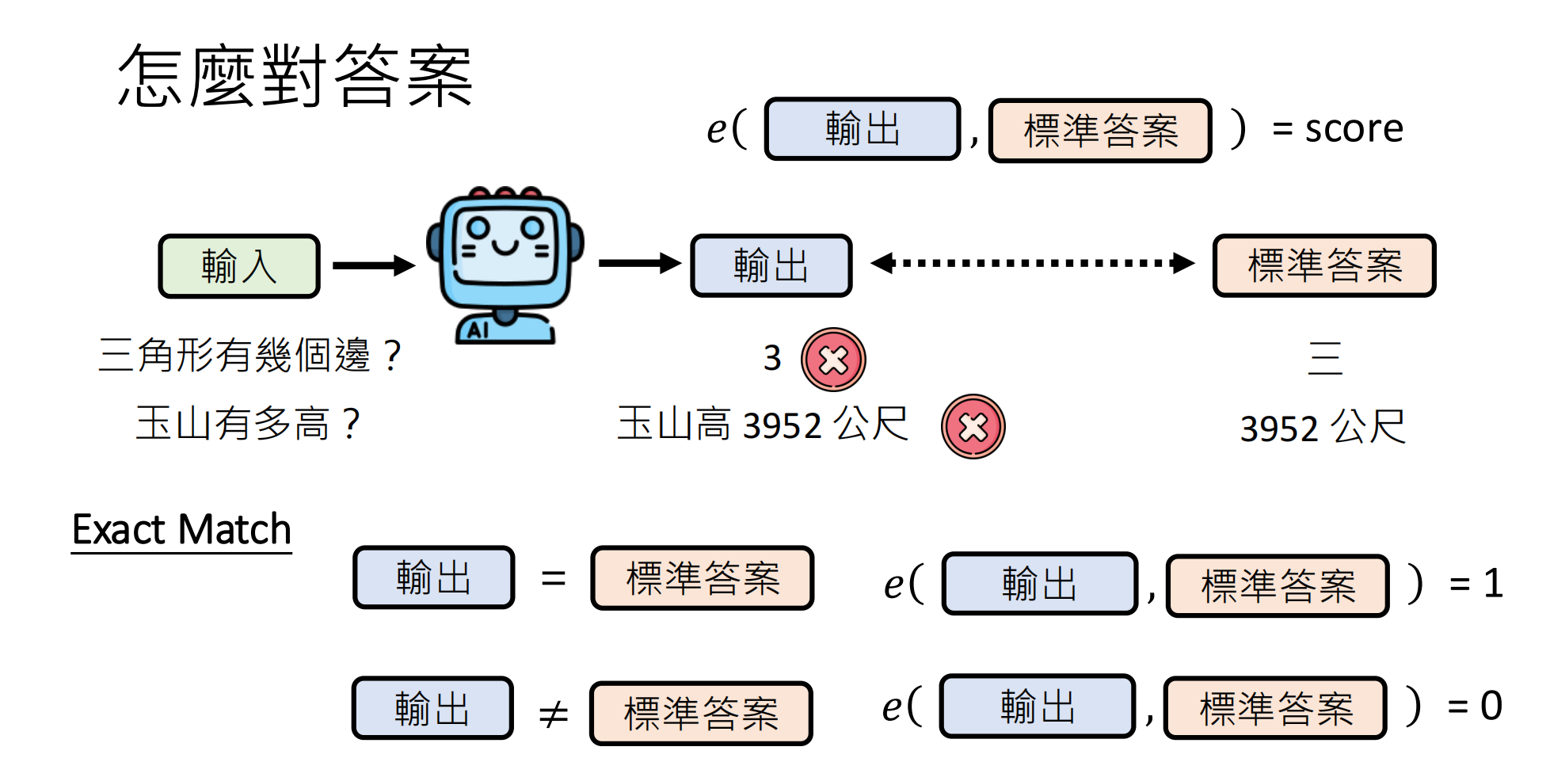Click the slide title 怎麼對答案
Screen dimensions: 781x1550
tap(295, 76)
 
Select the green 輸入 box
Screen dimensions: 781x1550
tap(239, 266)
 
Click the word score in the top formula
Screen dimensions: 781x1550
tap(1354, 128)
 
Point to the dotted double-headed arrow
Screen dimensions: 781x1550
tap(1032, 263)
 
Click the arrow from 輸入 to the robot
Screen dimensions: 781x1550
tap(373, 265)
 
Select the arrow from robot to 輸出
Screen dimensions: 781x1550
tap(639, 263)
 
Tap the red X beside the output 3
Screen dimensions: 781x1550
tap(833, 360)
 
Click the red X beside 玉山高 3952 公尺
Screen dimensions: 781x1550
tap(973, 427)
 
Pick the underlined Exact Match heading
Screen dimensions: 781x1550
tap(181, 529)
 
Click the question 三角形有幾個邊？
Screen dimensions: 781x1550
tap(250, 355)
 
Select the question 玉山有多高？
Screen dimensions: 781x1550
tap(249, 423)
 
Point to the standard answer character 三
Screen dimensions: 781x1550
tap(1325, 358)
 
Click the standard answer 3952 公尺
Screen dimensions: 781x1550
tap(1322, 428)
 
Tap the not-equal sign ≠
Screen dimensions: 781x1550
tap(553, 714)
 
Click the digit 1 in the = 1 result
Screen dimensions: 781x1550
tap(1493, 585)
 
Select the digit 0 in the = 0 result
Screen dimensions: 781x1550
tap(1491, 706)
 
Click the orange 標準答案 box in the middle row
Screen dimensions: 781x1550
tap(1323, 265)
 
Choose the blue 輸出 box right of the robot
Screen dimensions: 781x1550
tap(771, 265)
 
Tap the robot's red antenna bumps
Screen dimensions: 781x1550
tap(505, 192)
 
